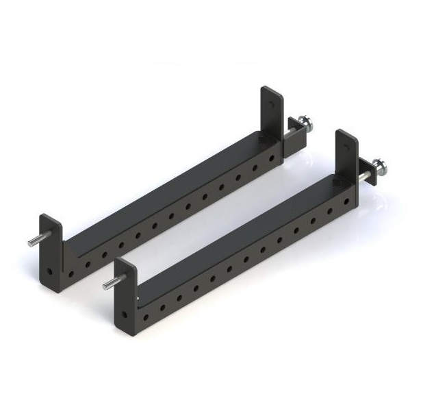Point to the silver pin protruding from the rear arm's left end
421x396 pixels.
[34, 241]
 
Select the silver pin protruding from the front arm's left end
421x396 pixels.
[110, 283]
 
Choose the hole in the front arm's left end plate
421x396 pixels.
[124, 314]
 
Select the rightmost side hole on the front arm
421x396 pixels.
[346, 201]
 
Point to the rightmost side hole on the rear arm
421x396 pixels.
[271, 159]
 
